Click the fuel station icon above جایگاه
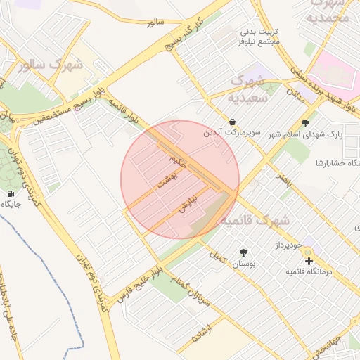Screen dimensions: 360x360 11,193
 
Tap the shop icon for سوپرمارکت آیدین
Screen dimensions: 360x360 233,121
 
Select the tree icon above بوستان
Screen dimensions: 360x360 243,252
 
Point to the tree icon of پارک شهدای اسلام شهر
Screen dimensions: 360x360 304,122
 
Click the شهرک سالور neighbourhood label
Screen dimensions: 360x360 53,65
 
